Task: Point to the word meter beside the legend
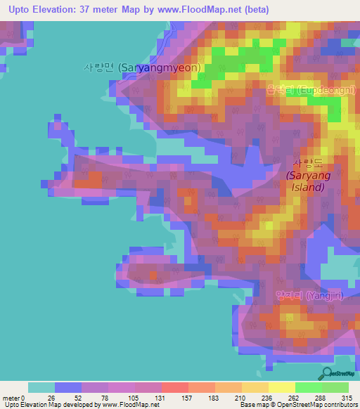pos(12,397)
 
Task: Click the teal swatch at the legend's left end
pos(41,387)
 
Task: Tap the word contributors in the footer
pos(340,405)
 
